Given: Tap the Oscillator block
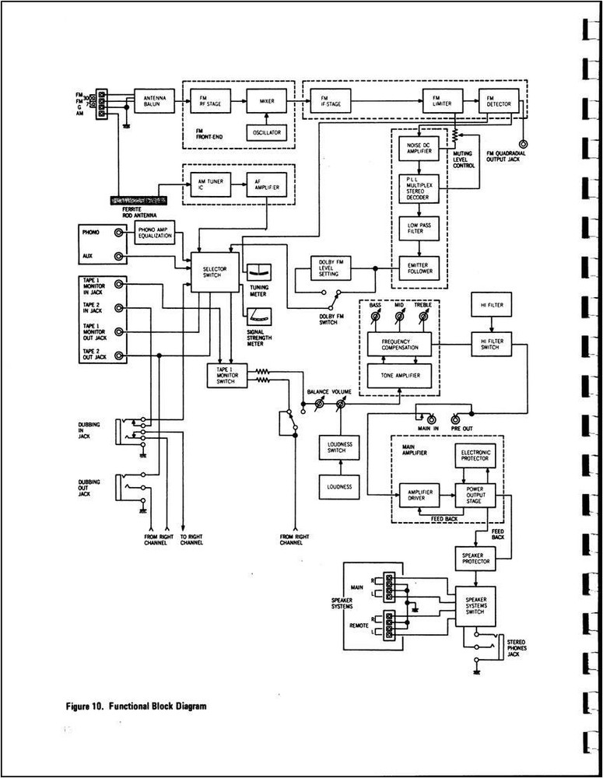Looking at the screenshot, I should coord(266,133).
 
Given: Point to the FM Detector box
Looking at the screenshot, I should coord(495,100).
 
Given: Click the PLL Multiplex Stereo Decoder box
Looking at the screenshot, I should coord(419,189).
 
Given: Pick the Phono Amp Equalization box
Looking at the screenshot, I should coord(156,232).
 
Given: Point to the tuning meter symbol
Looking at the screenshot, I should coord(258,273).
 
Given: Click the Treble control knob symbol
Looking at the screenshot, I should coord(424,317).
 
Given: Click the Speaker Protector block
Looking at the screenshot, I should coord(475,556).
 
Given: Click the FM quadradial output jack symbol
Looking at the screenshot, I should coord(523,145).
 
